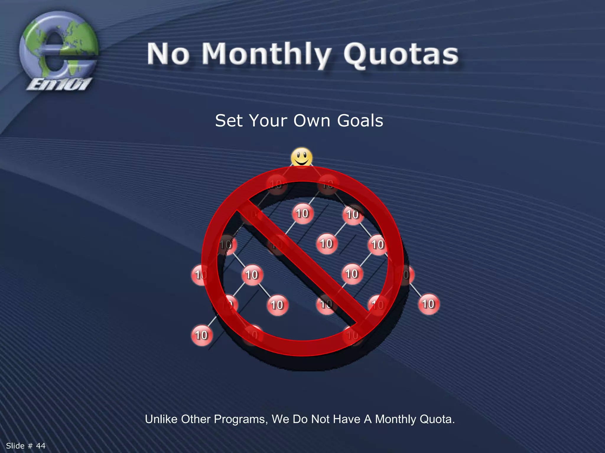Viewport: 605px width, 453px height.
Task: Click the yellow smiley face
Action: click(301, 157)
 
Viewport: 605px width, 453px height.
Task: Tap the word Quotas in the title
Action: click(401, 55)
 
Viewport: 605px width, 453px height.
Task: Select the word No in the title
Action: click(168, 54)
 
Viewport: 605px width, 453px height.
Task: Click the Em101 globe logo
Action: click(58, 47)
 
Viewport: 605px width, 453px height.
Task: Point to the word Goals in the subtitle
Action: click(360, 121)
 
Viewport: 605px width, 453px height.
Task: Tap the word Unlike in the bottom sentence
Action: click(161, 419)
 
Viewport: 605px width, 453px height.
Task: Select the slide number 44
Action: click(41, 446)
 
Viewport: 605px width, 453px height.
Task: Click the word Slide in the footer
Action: click(15, 446)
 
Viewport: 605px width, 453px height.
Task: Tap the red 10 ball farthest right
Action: click(428, 304)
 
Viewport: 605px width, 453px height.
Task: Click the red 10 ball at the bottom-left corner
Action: click(201, 335)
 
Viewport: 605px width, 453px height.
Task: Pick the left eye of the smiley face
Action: click(298, 154)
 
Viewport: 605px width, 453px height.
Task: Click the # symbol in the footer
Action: click(30, 446)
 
